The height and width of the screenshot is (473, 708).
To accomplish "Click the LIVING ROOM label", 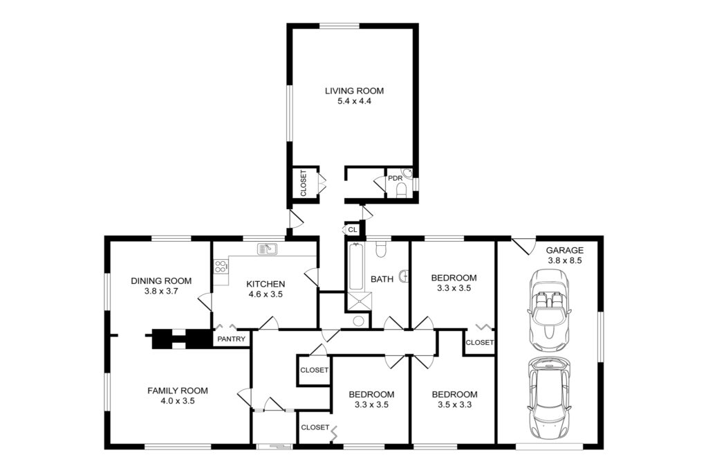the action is coord(354,91).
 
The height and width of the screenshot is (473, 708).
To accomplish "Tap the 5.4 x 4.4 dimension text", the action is coord(354,101).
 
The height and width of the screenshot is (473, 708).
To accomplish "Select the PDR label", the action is coord(395,178).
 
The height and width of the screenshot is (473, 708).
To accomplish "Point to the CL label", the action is coord(353,230).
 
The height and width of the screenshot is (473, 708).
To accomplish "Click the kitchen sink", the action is coord(268,248).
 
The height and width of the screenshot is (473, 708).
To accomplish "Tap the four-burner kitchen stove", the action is coord(221,266).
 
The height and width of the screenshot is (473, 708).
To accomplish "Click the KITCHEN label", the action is coord(265,284).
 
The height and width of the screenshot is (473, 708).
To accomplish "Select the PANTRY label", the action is coord(231,339).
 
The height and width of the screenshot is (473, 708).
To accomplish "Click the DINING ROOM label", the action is coord(161,280).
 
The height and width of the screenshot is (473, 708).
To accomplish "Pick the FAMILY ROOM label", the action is coord(178,391).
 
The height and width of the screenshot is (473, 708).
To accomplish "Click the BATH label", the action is coord(382,279).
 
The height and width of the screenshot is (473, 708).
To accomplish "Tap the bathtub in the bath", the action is coord(355,267).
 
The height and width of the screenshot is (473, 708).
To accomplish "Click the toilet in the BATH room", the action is coord(381,249).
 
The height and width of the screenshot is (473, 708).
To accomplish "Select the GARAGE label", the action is coord(564,250).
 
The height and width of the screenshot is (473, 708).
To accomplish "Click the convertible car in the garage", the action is coord(549,310).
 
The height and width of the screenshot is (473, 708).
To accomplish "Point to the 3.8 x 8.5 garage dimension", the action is coord(564,260).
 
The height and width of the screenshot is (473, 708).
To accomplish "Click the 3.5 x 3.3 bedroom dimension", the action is coord(454,404).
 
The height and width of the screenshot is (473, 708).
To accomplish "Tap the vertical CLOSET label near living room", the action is coord(304,183).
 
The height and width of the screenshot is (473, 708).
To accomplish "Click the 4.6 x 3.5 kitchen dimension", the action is coord(265,294).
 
